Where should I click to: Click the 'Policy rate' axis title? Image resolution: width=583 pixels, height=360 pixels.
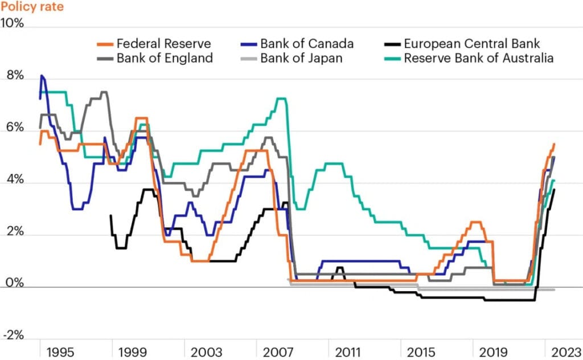(x=32, y=7)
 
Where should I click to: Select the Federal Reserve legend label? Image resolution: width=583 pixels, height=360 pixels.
(x=163, y=44)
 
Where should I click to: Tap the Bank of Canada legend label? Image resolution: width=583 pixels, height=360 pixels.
(x=307, y=44)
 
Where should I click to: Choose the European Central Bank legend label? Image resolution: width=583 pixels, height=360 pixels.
(x=471, y=44)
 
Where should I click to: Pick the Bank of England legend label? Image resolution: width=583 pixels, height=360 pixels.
(x=165, y=58)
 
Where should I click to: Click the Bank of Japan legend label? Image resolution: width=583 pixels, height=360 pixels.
(x=301, y=58)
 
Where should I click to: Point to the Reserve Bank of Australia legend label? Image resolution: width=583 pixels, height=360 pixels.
(x=479, y=58)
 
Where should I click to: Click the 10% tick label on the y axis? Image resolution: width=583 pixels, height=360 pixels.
(x=13, y=24)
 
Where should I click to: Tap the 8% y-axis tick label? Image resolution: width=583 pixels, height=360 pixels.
(x=13, y=76)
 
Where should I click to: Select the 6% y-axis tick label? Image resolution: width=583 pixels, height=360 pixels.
(x=13, y=129)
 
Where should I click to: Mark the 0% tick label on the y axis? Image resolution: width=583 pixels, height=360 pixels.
(x=13, y=284)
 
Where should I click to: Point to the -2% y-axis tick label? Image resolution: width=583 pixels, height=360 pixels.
(x=13, y=336)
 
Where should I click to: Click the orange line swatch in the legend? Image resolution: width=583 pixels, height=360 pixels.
(x=103, y=44)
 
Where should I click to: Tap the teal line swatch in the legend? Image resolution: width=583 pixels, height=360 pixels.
(x=391, y=58)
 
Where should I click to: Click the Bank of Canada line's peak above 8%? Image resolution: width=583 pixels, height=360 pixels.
(x=42, y=76)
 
